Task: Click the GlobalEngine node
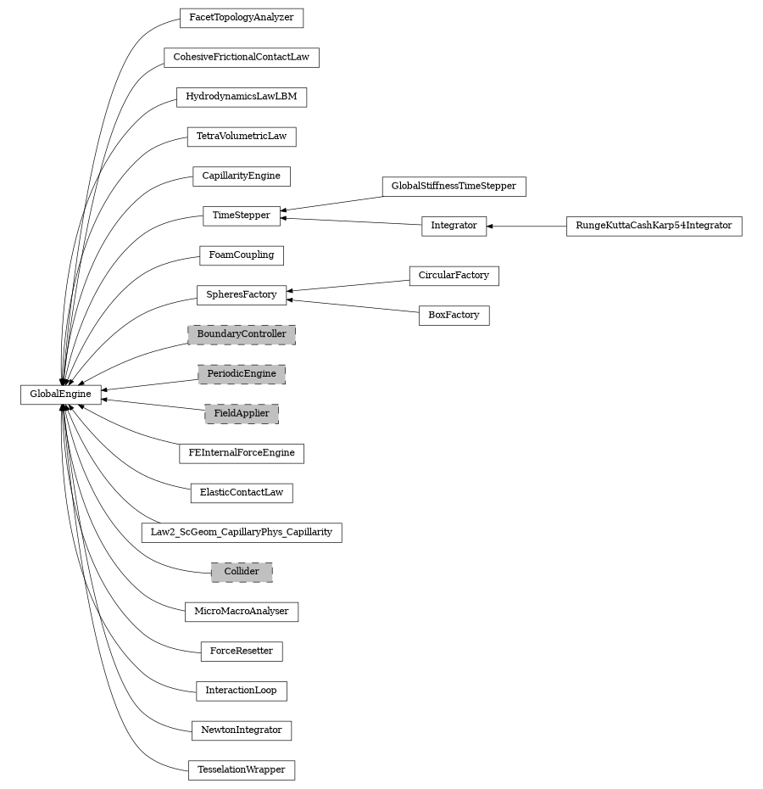(x=60, y=394)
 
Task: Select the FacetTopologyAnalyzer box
(x=242, y=17)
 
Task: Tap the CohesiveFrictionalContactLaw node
(x=242, y=58)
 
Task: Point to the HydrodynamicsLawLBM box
(x=242, y=97)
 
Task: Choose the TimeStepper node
(x=242, y=215)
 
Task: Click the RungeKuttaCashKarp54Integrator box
(x=654, y=226)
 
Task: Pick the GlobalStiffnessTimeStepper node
(x=454, y=186)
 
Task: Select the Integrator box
(x=454, y=226)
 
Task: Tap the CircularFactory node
(x=454, y=276)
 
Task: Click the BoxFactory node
(x=454, y=315)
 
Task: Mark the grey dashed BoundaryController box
(x=242, y=334)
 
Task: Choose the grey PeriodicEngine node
(x=242, y=374)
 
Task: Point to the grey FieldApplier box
(x=242, y=414)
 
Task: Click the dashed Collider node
(x=242, y=572)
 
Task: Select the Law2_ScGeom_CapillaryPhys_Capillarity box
(x=242, y=533)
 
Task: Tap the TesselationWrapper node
(x=242, y=769)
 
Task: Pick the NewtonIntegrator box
(x=242, y=730)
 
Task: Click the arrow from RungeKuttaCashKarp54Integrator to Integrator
(x=526, y=227)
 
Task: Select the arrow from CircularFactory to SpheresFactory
(x=348, y=285)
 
